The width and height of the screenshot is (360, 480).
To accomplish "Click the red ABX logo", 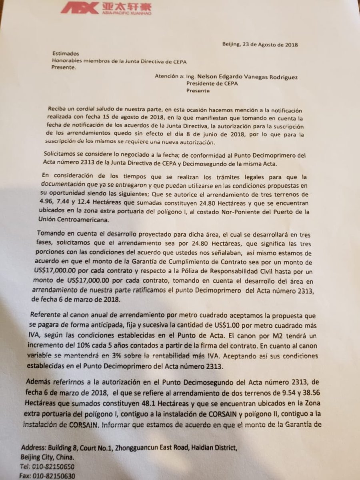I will pos(78,8).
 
